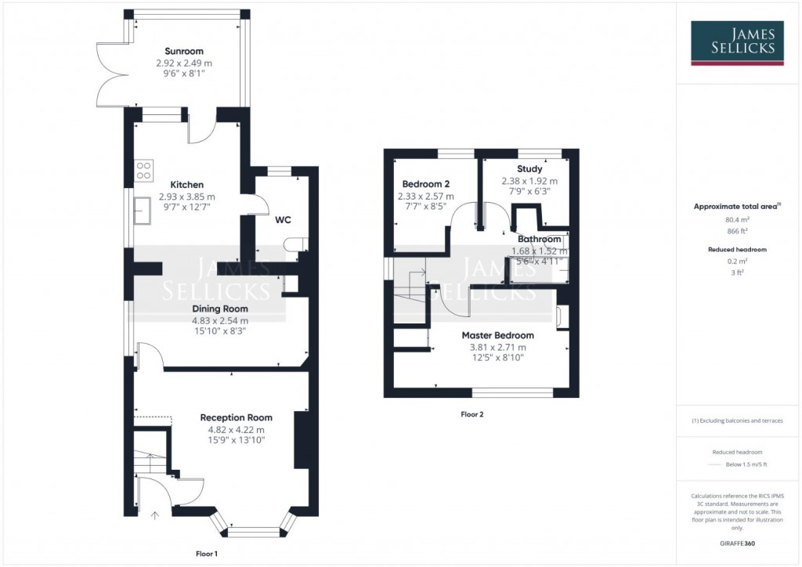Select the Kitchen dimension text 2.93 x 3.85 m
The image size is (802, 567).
point(186,197)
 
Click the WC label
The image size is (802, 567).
point(283,220)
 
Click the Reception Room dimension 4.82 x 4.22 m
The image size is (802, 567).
point(236,429)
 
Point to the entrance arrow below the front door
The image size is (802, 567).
point(154,515)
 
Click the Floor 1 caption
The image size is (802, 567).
point(207,554)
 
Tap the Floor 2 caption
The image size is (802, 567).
point(471,414)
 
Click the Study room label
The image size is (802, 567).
point(529,168)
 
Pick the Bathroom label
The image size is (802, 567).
point(539,239)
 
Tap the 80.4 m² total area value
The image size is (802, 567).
point(736,220)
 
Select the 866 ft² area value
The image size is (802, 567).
point(736,233)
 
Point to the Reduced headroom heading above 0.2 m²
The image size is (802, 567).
point(736,250)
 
